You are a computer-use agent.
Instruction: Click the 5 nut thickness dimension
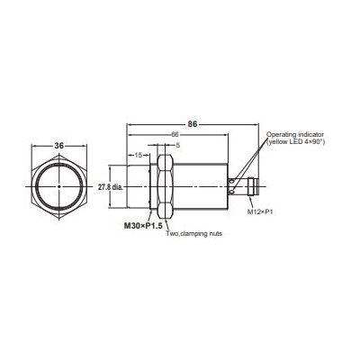point(178,144)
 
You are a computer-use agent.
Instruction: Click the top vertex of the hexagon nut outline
point(59,149)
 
